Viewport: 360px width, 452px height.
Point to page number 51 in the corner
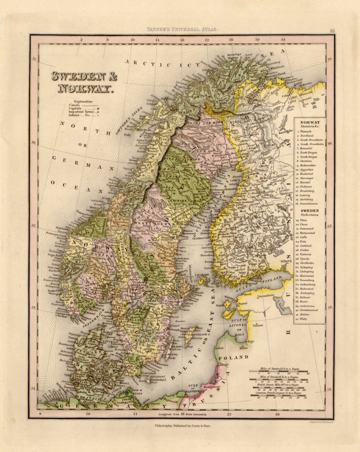coord(333,31)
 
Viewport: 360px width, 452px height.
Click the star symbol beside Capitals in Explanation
coord(97,108)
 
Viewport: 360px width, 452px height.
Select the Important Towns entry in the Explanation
coord(80,112)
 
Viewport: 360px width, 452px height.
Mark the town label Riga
coord(251,341)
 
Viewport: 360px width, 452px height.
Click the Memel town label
coord(224,364)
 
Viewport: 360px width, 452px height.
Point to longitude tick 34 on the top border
coord(282,40)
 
